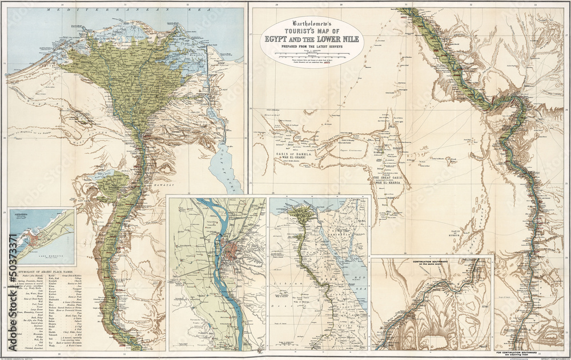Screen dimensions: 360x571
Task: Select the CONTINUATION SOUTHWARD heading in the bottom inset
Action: (432, 262)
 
